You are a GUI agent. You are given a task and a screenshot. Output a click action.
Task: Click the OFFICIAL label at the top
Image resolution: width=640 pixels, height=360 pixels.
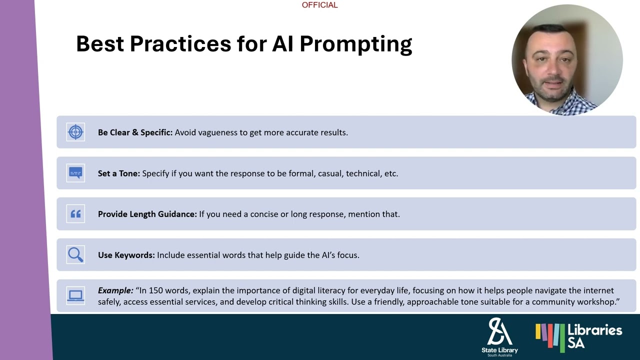[319, 5]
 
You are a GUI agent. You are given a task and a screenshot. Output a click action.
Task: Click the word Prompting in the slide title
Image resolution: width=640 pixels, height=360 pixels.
[355, 44]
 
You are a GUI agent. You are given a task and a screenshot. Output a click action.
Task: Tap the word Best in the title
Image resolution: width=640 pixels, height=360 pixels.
[100, 44]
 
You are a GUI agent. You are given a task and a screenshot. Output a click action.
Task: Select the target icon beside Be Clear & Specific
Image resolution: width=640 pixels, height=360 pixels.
[75, 132]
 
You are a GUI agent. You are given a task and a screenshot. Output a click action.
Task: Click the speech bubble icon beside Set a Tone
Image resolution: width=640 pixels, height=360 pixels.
[75, 173]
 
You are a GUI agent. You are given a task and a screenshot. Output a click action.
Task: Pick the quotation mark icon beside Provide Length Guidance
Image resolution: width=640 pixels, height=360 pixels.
[75, 214]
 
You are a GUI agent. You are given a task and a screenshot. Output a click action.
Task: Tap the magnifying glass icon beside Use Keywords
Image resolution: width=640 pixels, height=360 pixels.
[75, 255]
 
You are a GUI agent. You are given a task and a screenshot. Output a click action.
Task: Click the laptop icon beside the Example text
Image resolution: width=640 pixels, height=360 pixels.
[75, 296]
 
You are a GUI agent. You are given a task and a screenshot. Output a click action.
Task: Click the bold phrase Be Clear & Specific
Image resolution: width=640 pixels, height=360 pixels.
[135, 132]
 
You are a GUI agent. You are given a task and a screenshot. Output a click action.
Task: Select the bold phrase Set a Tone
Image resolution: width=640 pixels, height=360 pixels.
[118, 173]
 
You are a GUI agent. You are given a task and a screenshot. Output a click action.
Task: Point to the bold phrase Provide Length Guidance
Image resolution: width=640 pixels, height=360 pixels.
[147, 214]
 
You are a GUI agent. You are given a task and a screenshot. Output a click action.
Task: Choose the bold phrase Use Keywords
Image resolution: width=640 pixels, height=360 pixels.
[126, 255]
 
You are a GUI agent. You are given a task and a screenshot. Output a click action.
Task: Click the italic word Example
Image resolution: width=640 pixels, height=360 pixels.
[115, 290]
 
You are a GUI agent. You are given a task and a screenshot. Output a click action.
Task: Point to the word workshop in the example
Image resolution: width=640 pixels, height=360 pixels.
[600, 302]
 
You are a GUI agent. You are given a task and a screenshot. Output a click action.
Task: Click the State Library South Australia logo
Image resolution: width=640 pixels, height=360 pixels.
[499, 336]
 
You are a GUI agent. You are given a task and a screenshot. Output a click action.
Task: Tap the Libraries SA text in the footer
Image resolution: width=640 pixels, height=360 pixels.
[594, 335]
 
